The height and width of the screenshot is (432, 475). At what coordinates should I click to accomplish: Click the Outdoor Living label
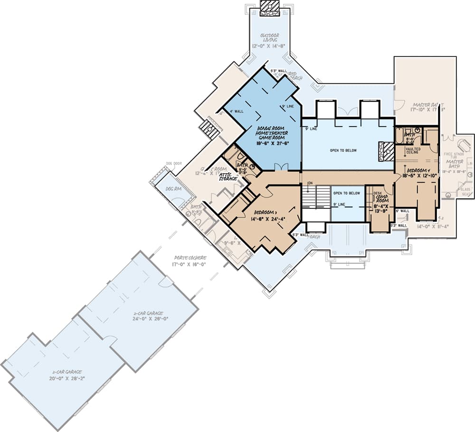pos(269,38)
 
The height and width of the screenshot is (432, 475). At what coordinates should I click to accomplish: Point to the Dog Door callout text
pos(174,164)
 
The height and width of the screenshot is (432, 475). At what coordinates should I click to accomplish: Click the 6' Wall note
pos(403,211)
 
